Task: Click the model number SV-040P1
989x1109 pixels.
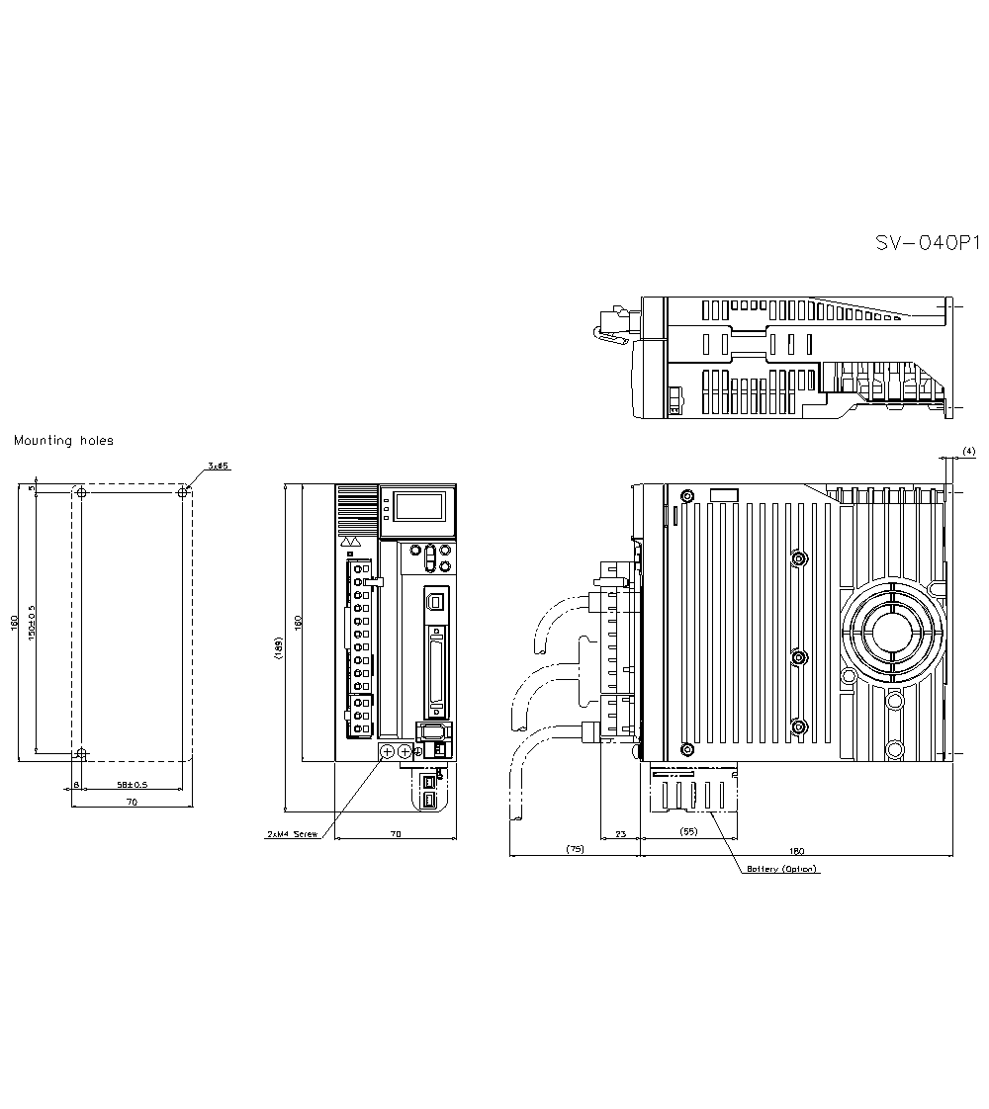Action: tap(927, 243)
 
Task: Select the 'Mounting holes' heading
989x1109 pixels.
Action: tap(63, 441)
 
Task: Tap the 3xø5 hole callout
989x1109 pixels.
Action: tap(219, 466)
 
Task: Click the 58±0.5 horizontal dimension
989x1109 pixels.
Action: tap(132, 784)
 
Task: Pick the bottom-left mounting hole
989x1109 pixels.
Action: tap(82, 754)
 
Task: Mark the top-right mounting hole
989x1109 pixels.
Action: tap(181, 492)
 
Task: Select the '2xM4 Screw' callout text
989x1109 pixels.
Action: tap(293, 835)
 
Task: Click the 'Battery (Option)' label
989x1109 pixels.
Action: tap(782, 869)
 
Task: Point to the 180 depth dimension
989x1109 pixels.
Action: tap(797, 849)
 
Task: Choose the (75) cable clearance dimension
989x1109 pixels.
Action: tap(574, 849)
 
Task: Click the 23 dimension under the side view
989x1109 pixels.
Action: tap(621, 835)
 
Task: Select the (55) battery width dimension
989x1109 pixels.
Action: tap(689, 831)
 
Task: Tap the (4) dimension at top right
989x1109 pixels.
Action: tap(968, 451)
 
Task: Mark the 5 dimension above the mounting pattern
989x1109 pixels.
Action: tap(32, 488)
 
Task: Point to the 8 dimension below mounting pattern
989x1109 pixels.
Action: tap(76, 785)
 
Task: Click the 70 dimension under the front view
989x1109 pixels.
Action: tap(396, 835)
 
